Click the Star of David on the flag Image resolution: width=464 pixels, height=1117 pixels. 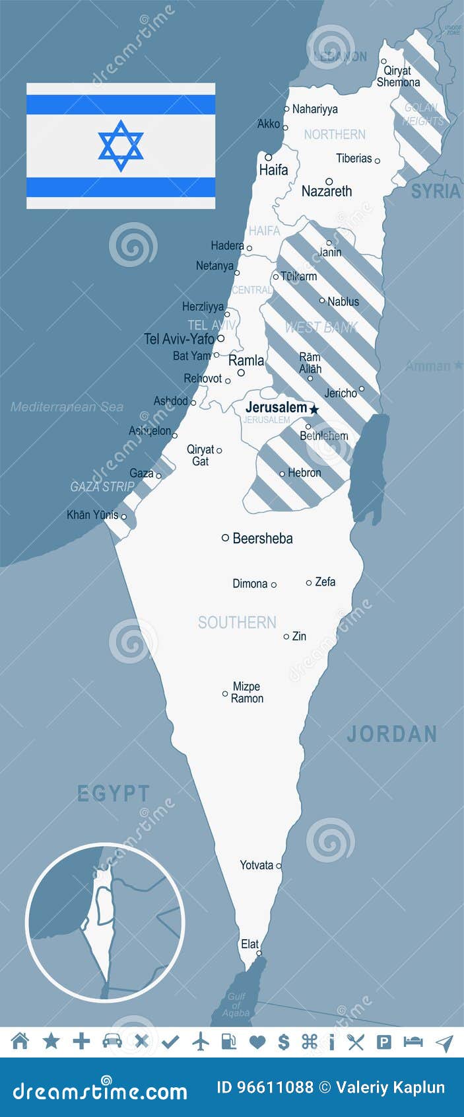click(x=121, y=145)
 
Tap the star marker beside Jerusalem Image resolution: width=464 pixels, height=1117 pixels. click(x=314, y=410)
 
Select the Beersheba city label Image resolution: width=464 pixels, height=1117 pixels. click(x=262, y=538)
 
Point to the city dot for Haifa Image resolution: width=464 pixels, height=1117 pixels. click(x=269, y=157)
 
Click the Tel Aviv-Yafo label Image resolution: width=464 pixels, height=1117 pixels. click(x=179, y=339)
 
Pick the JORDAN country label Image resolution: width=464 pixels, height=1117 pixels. click(x=392, y=734)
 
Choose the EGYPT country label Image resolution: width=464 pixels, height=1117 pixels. click(x=114, y=793)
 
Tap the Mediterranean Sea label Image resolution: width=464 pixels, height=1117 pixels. click(x=67, y=407)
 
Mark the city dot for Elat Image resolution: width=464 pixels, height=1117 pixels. click(x=259, y=953)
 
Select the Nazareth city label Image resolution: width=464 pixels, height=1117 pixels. click(x=327, y=192)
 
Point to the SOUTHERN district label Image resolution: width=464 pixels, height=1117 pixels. click(x=237, y=622)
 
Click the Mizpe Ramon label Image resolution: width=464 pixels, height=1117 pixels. click(x=247, y=692)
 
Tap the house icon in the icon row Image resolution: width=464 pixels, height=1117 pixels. click(x=20, y=1042)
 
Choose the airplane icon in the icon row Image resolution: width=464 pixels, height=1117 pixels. click(x=201, y=1042)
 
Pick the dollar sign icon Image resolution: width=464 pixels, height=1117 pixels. click(x=284, y=1042)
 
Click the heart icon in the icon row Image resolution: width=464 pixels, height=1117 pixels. click(x=257, y=1042)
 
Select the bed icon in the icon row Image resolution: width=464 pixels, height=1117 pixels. click(x=413, y=1042)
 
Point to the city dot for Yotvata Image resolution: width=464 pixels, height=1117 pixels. click(x=279, y=866)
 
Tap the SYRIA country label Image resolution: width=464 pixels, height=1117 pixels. click(x=436, y=192)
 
